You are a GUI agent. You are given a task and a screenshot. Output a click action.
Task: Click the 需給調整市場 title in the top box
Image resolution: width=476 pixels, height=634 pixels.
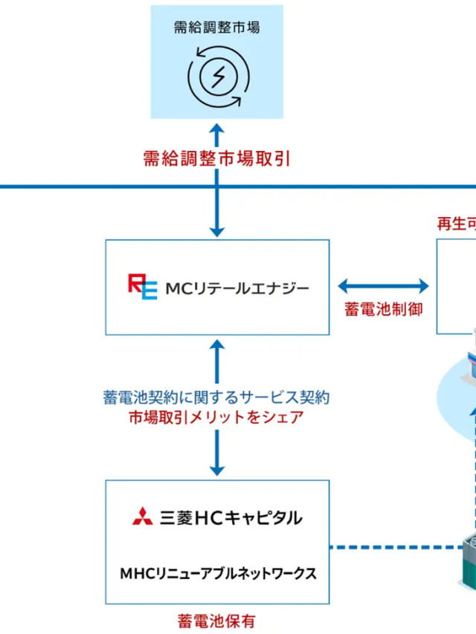coord(216,28)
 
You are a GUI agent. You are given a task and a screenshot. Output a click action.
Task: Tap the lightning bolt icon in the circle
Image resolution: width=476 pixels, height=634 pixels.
coord(216,75)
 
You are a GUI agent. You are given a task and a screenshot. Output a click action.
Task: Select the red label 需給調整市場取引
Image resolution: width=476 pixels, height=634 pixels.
coord(216,158)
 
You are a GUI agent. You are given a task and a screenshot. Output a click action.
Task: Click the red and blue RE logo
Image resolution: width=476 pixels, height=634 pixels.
coord(142,286)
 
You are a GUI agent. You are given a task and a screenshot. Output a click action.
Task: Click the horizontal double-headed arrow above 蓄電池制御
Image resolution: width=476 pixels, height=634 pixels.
coord(384,286)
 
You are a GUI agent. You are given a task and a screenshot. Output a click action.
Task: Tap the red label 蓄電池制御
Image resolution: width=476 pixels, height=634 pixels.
coord(384,309)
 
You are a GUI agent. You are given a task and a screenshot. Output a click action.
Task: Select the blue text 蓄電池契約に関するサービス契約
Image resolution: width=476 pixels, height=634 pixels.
coord(216,398)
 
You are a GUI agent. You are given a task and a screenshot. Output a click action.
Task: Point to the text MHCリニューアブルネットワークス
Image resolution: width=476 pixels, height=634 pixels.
coord(218,573)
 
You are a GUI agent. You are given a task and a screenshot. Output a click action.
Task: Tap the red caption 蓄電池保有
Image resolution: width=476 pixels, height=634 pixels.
coord(216,620)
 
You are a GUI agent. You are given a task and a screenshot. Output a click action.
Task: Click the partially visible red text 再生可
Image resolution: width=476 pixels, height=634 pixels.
coord(455,224)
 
